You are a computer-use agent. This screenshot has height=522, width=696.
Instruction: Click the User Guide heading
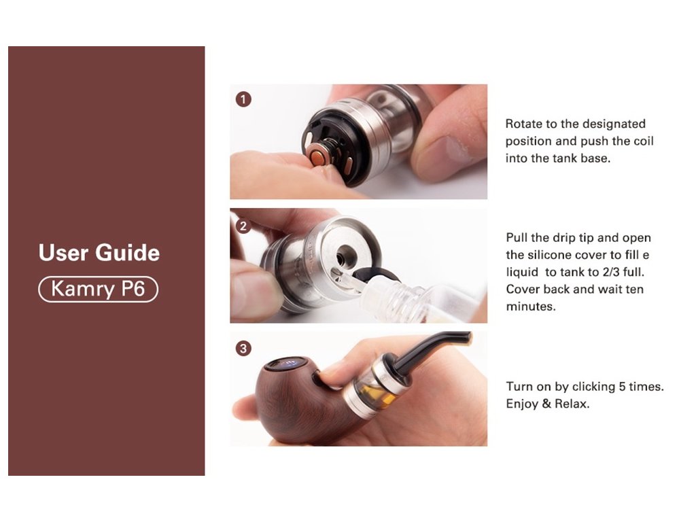(x=99, y=253)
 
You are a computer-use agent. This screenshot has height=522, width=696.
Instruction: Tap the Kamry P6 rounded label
(x=98, y=289)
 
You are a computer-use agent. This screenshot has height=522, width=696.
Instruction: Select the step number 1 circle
(x=243, y=99)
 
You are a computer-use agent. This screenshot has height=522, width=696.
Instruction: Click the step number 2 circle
(x=243, y=226)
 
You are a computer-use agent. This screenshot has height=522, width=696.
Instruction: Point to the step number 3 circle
(x=243, y=349)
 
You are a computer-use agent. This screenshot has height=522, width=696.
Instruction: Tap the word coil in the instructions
(x=644, y=141)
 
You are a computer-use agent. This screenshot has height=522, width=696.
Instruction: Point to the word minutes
(x=530, y=307)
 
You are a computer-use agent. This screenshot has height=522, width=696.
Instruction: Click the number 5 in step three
(x=623, y=386)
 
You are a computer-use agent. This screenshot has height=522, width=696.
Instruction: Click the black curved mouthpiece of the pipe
(x=430, y=351)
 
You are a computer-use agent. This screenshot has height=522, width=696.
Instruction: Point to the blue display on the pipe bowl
(x=288, y=364)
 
